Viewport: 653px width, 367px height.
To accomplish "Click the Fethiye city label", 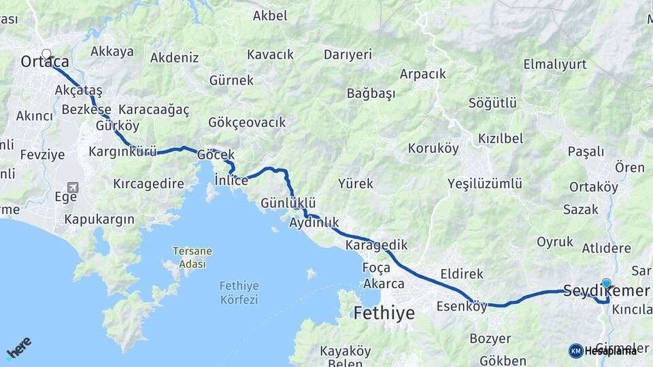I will click(x=384, y=313).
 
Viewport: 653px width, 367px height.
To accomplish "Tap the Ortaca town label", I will click(x=44, y=62).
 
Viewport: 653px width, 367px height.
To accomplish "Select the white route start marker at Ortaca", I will click(x=46, y=54).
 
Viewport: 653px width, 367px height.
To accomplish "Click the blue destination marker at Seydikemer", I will click(x=606, y=283).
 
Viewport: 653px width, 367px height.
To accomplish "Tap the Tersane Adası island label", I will click(x=192, y=258).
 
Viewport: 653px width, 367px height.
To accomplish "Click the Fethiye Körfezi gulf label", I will click(x=239, y=292).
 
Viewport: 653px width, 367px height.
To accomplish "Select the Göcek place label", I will click(x=216, y=155).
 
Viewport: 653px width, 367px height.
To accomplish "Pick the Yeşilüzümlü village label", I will click(x=484, y=183).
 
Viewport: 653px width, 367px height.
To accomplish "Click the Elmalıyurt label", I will click(x=555, y=65).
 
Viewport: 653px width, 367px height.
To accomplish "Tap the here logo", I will click(x=18, y=347).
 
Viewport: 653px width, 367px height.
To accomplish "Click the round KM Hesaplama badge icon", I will click(x=575, y=351).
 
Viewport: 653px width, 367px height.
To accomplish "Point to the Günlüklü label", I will click(x=288, y=203).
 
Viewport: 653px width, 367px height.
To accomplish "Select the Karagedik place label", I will click(x=376, y=245).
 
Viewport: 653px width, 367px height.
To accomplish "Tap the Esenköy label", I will click(x=462, y=306).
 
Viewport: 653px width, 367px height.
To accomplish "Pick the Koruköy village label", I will click(x=433, y=148).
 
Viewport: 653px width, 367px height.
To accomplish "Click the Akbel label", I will click(x=270, y=16).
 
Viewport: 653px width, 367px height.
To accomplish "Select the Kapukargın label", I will click(x=99, y=220).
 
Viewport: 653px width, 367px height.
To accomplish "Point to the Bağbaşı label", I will click(x=371, y=94).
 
